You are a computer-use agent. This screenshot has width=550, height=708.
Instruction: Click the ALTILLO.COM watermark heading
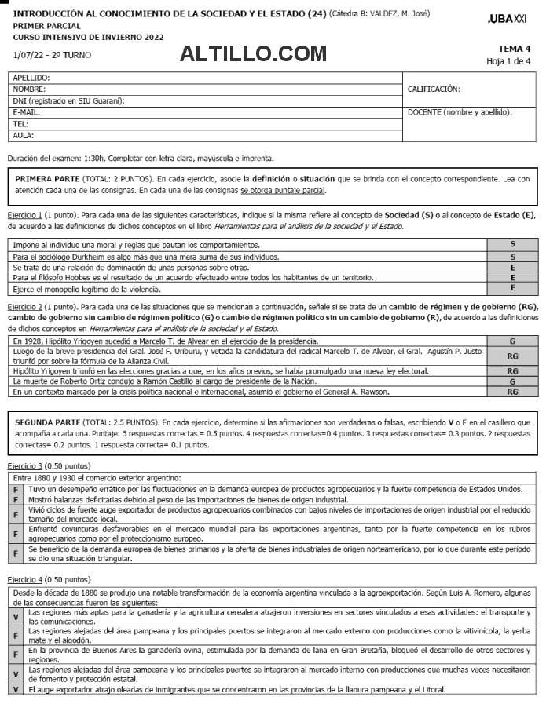pyautogui.click(x=253, y=53)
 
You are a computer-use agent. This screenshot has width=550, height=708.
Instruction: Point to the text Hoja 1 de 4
pyautogui.click(x=508, y=61)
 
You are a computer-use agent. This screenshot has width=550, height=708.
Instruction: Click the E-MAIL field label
pyautogui.click(x=27, y=112)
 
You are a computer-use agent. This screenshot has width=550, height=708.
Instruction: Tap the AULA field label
pyautogui.click(x=24, y=135)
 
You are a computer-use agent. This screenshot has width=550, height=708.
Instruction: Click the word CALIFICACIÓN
pyautogui.click(x=434, y=89)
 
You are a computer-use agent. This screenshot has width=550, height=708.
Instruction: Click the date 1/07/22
pyautogui.click(x=30, y=55)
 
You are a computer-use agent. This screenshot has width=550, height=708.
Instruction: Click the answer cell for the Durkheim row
pyautogui.click(x=512, y=257)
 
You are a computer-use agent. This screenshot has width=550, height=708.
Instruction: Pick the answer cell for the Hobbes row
pyautogui.click(x=512, y=278)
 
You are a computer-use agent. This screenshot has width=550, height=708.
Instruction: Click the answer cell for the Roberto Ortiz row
pyautogui.click(x=512, y=381)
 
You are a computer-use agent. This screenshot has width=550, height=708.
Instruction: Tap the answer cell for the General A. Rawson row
pyautogui.click(x=512, y=392)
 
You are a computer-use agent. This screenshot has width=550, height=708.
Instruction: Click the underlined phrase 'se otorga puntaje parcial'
pyautogui.click(x=283, y=190)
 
